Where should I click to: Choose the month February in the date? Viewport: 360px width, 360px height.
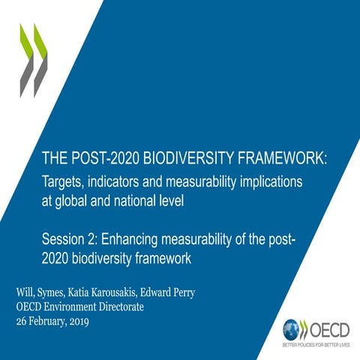(57, 321)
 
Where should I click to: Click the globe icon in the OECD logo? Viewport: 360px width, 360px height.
(292, 328)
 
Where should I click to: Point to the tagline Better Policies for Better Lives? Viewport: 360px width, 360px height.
(316, 346)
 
